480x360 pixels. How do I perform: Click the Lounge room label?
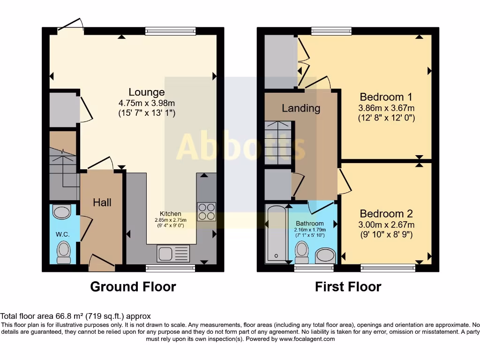click(147, 92)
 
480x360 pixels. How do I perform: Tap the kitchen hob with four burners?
click(207, 211)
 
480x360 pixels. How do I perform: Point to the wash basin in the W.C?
click(61, 212)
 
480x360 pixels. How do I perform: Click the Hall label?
click(102, 202)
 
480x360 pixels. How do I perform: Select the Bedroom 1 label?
click(385, 97)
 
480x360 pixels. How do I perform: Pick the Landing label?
click(301, 108)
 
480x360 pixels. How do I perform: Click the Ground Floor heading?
click(133, 286)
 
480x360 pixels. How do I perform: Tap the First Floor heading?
click(348, 286)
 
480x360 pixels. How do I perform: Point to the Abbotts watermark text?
click(240, 147)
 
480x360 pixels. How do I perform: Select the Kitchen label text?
click(170, 214)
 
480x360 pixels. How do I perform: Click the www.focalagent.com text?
click(307, 339)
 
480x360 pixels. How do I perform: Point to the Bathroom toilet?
click(302, 253)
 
